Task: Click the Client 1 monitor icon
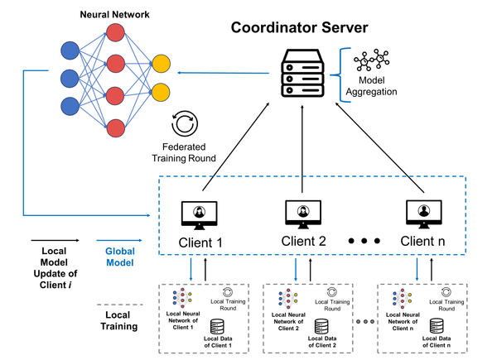click(199, 214)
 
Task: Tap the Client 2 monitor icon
click(303, 214)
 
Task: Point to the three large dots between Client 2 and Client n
click(365, 242)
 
